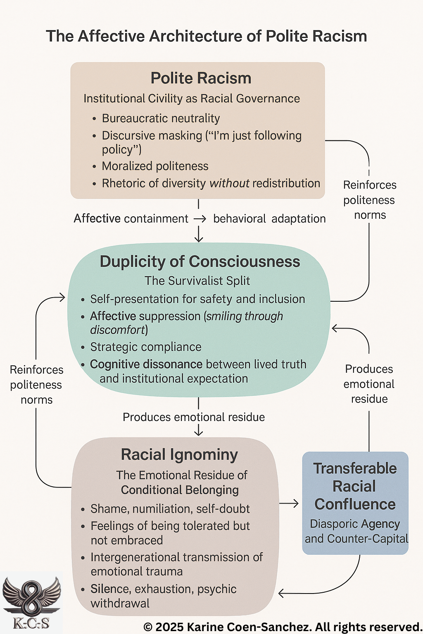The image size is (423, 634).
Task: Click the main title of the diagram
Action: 206,36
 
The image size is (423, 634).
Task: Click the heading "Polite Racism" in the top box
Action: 201,78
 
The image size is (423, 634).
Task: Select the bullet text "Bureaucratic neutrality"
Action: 161,118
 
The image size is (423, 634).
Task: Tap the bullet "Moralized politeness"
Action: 155,166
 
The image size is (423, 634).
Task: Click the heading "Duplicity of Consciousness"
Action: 200,262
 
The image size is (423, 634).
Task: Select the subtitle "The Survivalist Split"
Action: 197,281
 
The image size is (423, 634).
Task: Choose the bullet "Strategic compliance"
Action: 146,347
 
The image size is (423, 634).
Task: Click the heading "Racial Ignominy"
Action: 179,454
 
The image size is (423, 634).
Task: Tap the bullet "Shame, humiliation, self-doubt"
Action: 170,509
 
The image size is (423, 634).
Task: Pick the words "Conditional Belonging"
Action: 180,490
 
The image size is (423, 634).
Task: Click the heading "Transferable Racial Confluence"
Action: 355,486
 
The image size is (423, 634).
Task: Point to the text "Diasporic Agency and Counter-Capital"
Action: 356,531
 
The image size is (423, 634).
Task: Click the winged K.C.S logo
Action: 31,601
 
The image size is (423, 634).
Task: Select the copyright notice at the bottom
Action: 282,627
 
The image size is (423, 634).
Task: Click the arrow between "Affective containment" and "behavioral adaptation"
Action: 200,219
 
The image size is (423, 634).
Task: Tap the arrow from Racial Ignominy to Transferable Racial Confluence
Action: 289,503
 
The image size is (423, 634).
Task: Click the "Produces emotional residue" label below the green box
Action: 194,417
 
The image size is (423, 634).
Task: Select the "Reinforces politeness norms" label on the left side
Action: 36,385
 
